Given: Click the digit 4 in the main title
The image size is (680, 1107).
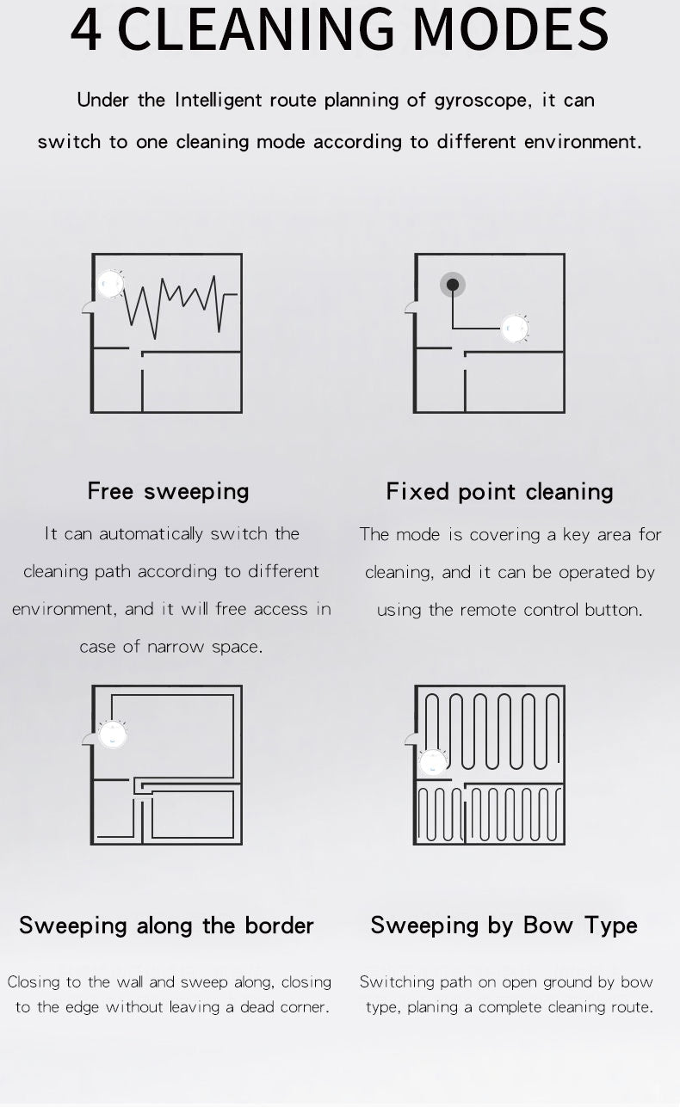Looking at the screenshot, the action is [86, 29].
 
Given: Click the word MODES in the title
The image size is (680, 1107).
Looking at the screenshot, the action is [511, 29].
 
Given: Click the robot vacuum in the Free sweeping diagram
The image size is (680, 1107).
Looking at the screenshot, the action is [110, 284].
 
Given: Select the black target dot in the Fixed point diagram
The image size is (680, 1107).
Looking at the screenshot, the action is [453, 285].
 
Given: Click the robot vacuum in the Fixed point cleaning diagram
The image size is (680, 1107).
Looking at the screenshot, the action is [515, 329].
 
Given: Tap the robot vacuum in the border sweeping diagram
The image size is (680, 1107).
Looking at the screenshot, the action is [113, 734].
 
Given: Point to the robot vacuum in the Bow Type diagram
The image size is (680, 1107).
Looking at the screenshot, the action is [433, 761].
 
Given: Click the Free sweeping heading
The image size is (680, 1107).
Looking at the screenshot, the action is [168, 492].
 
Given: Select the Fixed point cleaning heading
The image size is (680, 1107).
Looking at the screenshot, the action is [499, 492].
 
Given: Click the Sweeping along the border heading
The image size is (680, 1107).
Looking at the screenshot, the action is [166, 926].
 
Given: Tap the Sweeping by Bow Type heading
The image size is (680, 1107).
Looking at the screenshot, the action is [504, 926].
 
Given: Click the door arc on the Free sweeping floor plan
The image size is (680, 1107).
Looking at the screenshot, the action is [88, 307].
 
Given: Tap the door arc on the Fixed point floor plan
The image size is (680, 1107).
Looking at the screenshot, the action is [411, 307].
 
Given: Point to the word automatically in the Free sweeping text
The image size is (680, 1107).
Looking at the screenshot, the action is [151, 534].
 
